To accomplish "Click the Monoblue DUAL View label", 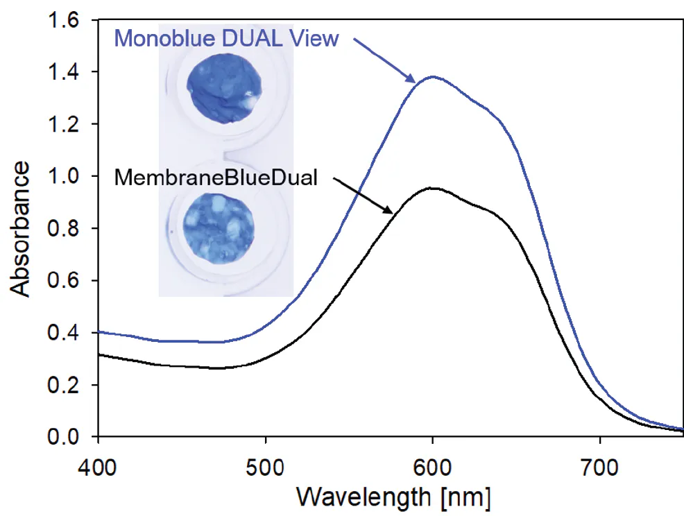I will tap(226, 39).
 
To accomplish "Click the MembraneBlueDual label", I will tap(216, 178).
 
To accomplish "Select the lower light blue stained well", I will tap(219, 227).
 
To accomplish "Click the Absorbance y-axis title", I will tap(21, 229).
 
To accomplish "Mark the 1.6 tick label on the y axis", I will tap(64, 21).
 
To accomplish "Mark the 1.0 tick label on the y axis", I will tap(64, 177).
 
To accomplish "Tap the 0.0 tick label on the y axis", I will tap(64, 437).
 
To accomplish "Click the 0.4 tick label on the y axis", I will tap(64, 333).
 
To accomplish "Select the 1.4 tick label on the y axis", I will tap(64, 73).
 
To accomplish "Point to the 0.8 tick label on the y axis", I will tap(64, 229).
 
